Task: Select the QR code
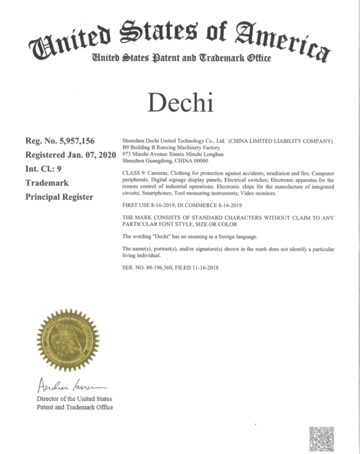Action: tap(321, 438)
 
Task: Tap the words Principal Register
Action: tap(59, 196)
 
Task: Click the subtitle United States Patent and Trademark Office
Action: tap(181, 58)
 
